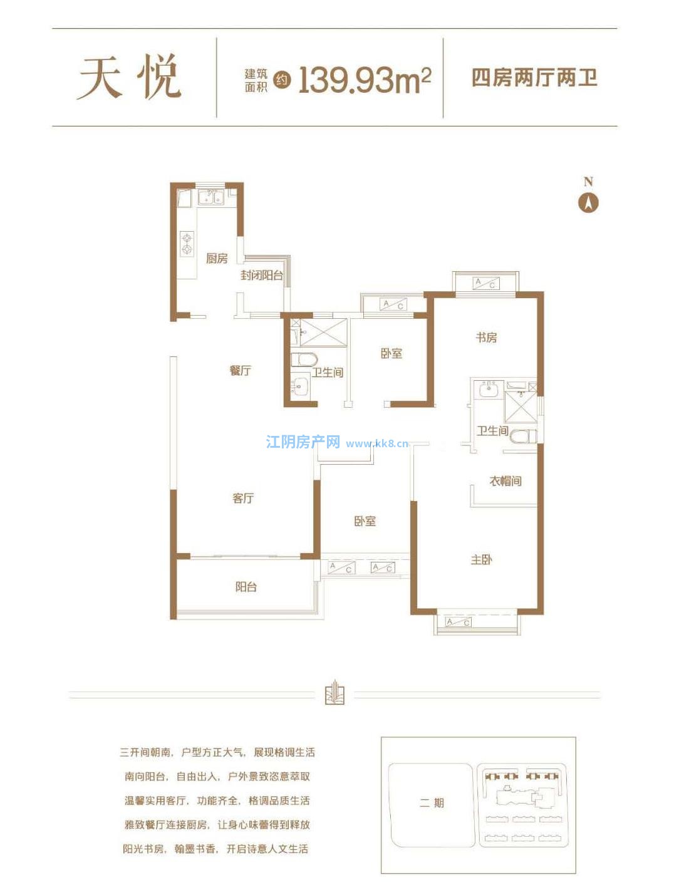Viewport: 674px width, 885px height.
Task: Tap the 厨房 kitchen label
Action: pos(217,258)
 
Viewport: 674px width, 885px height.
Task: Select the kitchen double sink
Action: pos(210,197)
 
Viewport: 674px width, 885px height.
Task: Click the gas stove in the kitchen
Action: pos(186,244)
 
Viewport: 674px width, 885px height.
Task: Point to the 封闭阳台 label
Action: pos(262,276)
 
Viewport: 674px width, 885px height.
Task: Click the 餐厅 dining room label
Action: pos(241,370)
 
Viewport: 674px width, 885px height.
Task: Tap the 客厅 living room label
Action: pos(243,499)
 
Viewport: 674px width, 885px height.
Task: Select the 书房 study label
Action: pos(486,337)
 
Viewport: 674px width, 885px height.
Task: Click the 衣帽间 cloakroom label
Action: pos(505,480)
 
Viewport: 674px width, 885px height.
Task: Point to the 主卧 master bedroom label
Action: pos(481,560)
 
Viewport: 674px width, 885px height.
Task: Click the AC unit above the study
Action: pos(485,283)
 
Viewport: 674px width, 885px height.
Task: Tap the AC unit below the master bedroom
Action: pos(458,622)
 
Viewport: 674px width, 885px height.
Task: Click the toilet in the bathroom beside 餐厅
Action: pos(304,360)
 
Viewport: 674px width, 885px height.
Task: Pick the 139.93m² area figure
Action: pos(365,80)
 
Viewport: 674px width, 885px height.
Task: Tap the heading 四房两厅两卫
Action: pos(534,78)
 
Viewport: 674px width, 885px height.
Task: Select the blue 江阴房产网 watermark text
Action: pos(303,442)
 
